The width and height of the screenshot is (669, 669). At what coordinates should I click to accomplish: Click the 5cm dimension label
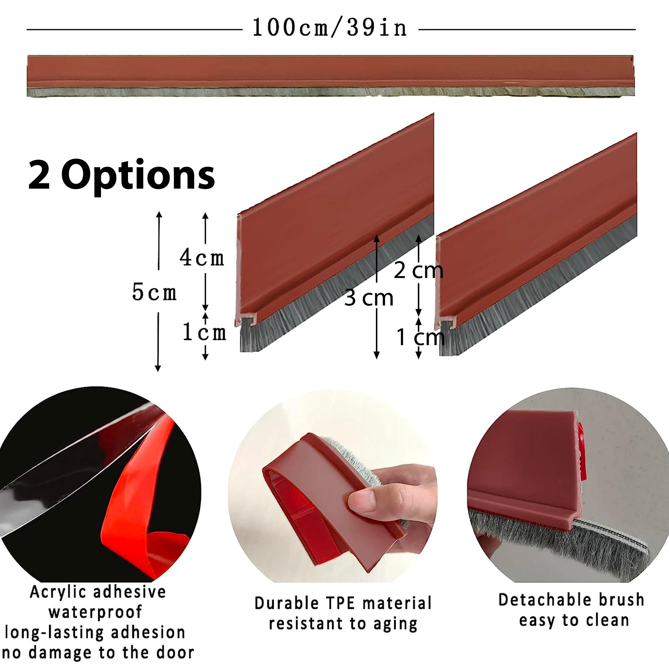point(154,292)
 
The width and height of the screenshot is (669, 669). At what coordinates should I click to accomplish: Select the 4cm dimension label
point(202,258)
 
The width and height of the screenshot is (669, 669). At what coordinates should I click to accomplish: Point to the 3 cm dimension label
point(369,298)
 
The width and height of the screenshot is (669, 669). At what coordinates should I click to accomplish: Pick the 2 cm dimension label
point(418,270)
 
